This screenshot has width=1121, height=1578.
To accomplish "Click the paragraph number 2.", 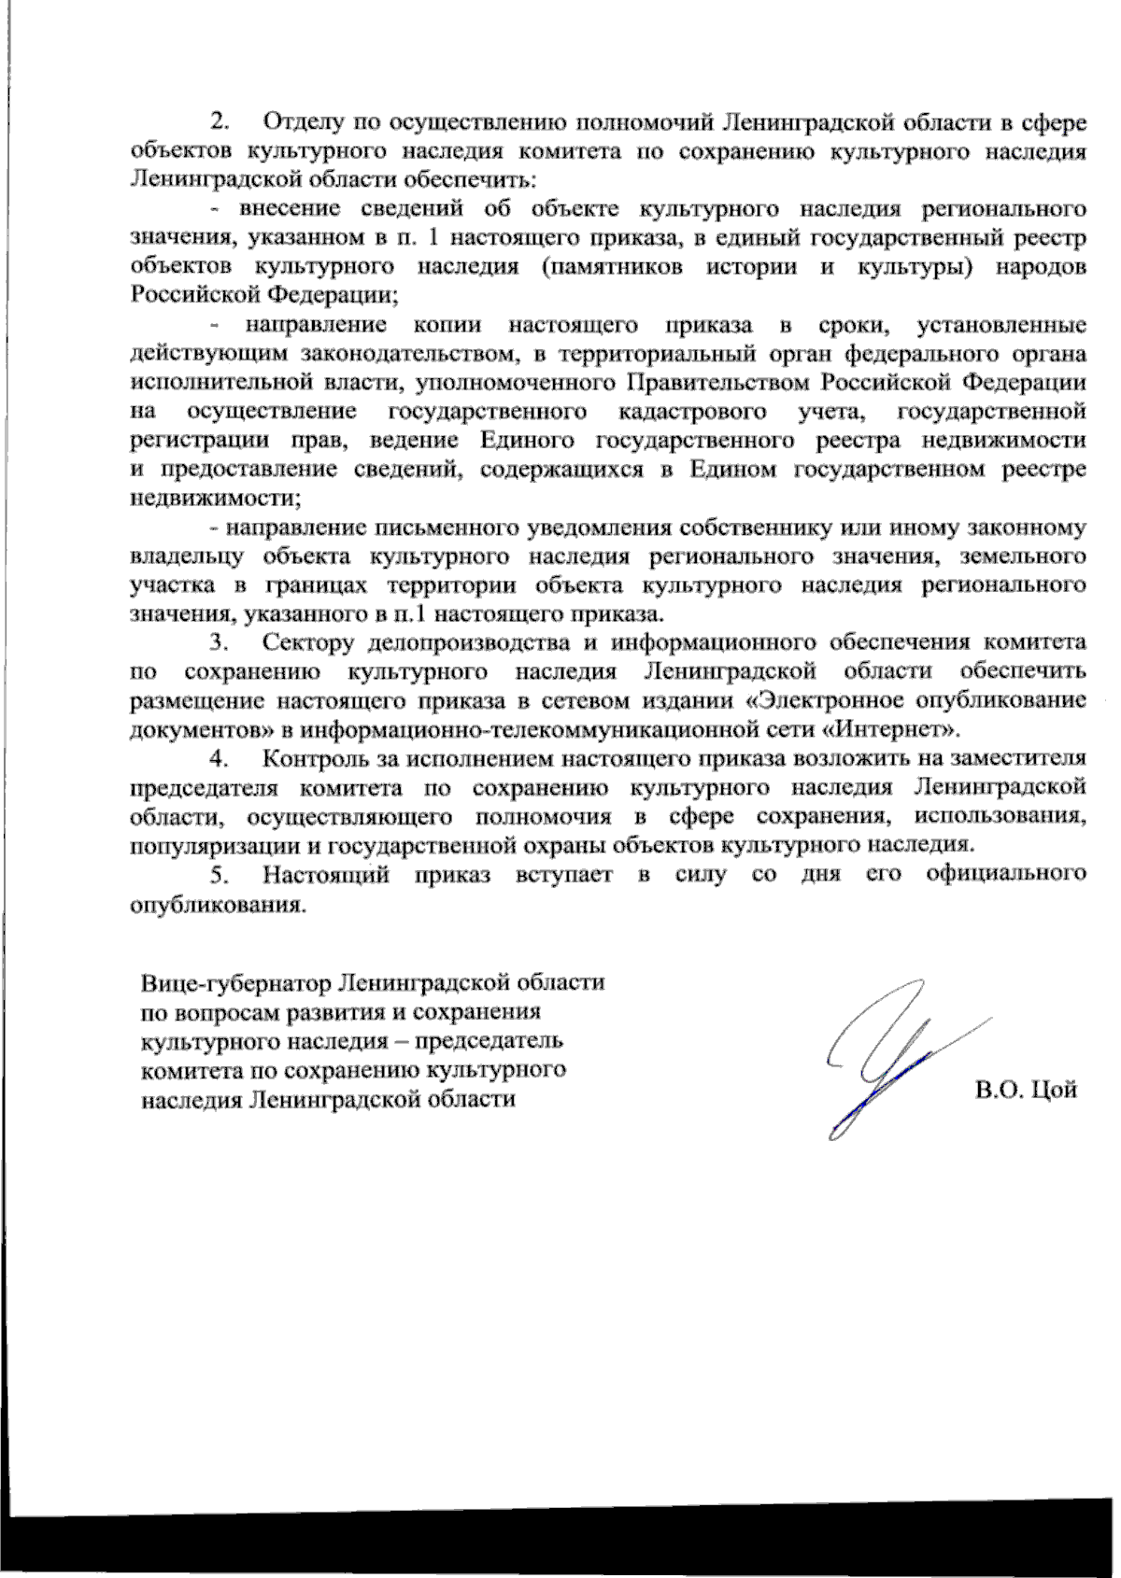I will (x=220, y=121).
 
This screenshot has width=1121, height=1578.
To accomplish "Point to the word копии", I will (x=447, y=325).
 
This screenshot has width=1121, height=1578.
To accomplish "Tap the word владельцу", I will (x=188, y=557).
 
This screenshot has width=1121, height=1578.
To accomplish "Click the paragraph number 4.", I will (x=220, y=758).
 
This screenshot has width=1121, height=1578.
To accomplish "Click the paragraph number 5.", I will (x=220, y=875).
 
